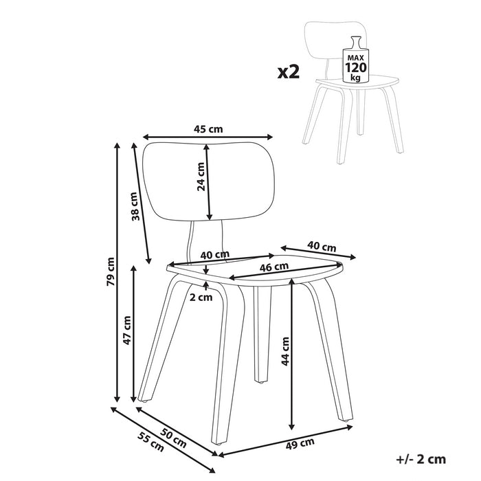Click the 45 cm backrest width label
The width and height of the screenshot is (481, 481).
pyautogui.click(x=208, y=128)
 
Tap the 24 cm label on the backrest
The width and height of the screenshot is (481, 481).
pyautogui.click(x=201, y=176)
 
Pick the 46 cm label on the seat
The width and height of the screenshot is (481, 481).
pyautogui.click(x=273, y=267)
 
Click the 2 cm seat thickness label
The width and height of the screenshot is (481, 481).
pyautogui.click(x=201, y=298)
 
